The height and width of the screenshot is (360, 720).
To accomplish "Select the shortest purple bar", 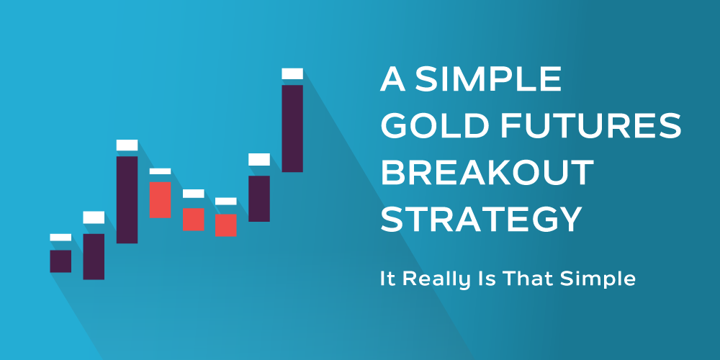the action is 60,261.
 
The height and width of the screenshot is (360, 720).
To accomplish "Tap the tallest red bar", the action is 160,199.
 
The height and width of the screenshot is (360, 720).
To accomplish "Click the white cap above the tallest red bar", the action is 160,171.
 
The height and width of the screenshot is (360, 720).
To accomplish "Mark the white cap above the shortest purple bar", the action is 60,238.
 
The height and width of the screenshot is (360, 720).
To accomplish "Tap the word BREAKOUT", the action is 487,173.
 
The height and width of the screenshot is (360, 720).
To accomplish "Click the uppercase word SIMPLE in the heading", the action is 488,79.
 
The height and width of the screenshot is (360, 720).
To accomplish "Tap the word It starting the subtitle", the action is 387,279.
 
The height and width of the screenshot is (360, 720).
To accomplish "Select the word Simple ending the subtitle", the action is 598,280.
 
